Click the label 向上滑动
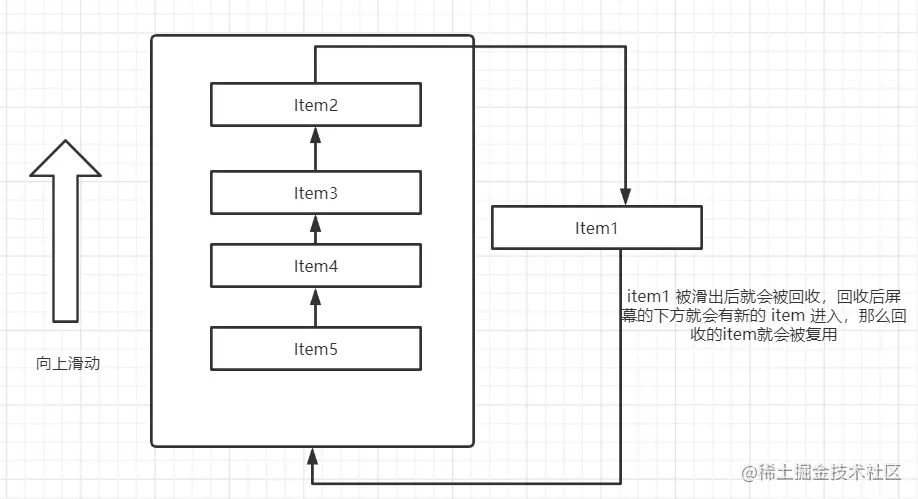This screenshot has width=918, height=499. (x=68, y=364)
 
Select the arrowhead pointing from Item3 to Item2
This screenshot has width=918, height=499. (x=315, y=135)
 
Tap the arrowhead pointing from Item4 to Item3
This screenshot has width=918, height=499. (x=315, y=223)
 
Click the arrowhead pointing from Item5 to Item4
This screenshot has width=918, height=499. (x=315, y=297)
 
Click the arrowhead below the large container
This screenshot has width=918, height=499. (x=313, y=457)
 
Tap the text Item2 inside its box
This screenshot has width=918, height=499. (x=315, y=105)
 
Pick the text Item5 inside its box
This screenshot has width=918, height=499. (x=315, y=349)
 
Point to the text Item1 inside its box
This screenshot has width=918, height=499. (x=597, y=228)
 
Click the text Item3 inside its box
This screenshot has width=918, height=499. (x=315, y=193)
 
